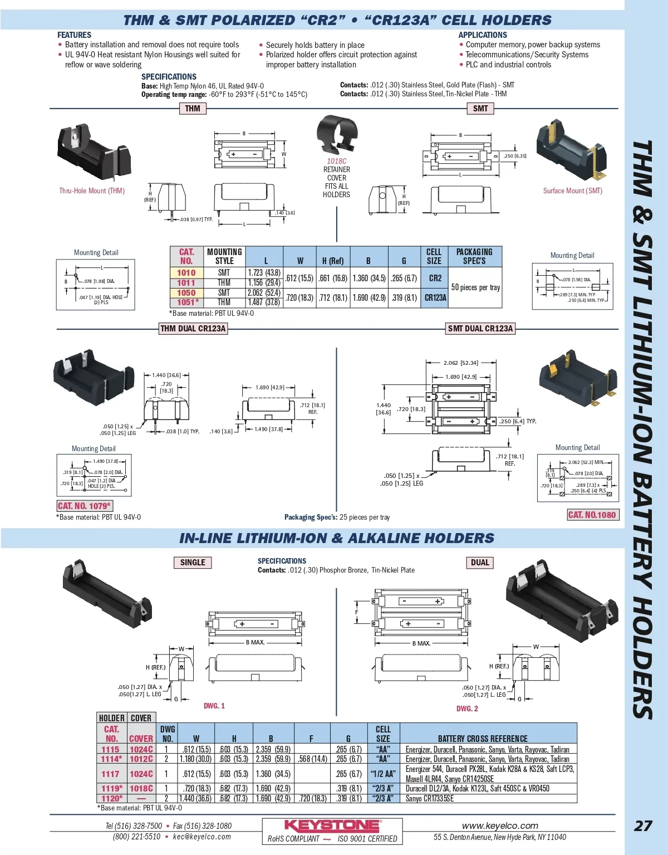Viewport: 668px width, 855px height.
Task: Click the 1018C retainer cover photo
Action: coord(336,135)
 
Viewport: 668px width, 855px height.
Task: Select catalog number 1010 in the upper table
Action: coord(186,273)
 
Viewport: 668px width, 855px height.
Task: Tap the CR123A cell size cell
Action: coord(435,297)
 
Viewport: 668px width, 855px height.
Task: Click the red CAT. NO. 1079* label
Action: coord(85,506)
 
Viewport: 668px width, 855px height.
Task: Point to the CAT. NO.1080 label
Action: coord(592,515)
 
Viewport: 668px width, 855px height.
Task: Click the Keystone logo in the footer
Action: coord(332,825)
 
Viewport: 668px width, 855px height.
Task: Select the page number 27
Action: coord(643,825)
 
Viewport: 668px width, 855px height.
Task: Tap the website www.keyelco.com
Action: coord(500,825)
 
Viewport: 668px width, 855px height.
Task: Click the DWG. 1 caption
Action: coord(214,706)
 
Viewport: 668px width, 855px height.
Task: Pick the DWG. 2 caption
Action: coord(467,709)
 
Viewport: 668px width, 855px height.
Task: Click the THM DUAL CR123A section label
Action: coord(193,329)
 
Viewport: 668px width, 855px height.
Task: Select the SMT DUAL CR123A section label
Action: coord(480,329)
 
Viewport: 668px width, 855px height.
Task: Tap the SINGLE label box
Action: coord(193,563)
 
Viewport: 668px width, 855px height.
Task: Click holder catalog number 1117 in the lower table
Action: coord(110,774)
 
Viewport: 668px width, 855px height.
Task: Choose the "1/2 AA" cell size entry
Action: coord(383,774)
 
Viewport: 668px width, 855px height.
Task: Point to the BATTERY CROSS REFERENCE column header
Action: coord(482,739)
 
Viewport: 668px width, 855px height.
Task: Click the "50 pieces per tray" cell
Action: coord(475,287)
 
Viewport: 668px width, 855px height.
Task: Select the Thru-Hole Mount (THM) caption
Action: coord(92,190)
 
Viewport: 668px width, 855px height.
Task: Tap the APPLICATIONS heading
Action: coord(483,35)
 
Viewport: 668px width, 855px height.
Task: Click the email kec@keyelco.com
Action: coord(202,837)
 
